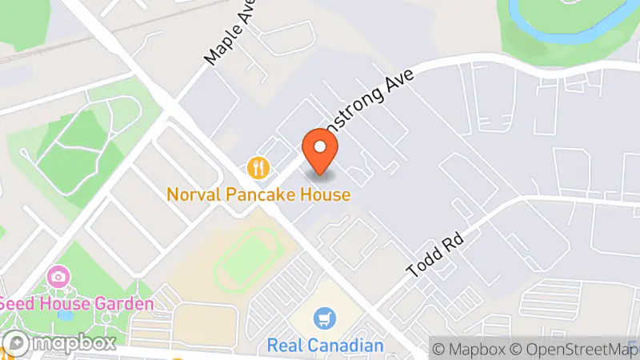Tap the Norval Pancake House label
(258, 194)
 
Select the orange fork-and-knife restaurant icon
(258, 168)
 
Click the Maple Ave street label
(229, 37)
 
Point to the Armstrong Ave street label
(376, 104)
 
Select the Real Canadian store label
(326, 346)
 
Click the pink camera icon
(57, 278)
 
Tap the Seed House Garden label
(76, 305)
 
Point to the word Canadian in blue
(347, 346)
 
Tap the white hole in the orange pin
(321, 146)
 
